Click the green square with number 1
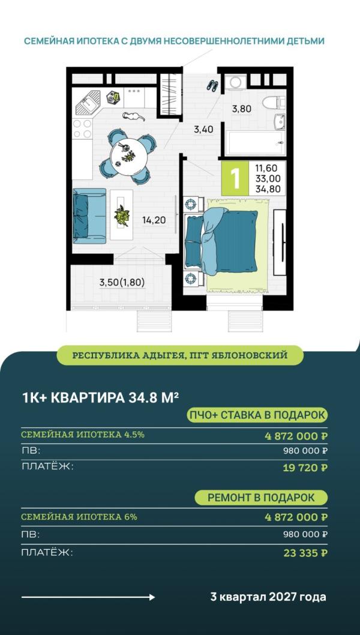(x=235, y=178)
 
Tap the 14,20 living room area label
(x=154, y=220)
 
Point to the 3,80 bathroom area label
(x=242, y=109)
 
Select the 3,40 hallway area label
(x=203, y=128)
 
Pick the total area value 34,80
(x=268, y=189)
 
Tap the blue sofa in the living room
(x=88, y=215)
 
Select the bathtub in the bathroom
(x=254, y=143)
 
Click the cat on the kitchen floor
(x=133, y=116)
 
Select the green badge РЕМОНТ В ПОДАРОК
(x=261, y=498)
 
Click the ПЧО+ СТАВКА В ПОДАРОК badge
(x=257, y=415)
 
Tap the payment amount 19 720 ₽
(x=305, y=468)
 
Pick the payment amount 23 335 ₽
(x=305, y=553)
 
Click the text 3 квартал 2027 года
(x=268, y=597)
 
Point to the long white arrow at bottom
(x=88, y=597)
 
